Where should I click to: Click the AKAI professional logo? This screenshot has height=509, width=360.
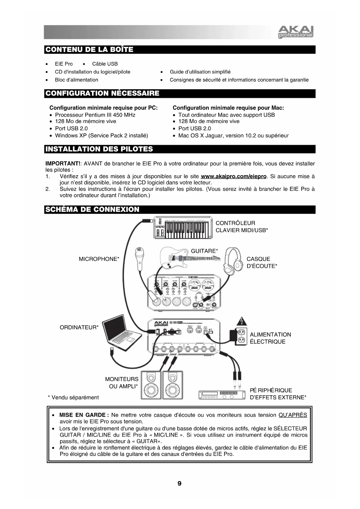[296, 32]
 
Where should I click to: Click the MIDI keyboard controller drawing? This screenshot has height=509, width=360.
[183, 228]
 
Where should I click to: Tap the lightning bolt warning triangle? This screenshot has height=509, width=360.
[242, 321]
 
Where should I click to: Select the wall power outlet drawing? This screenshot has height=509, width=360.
[241, 336]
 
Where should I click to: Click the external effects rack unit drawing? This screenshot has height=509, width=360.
[221, 395]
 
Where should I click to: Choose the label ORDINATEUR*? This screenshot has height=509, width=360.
[79, 328]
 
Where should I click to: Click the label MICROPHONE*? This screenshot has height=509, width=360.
[99, 259]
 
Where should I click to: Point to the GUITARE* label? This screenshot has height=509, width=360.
[204, 251]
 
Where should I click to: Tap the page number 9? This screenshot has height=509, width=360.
[180, 483]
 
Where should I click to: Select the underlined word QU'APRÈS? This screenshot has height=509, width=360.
[292, 415]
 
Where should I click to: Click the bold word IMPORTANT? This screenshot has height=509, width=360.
[63, 164]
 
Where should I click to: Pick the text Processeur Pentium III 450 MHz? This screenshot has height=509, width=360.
[95, 115]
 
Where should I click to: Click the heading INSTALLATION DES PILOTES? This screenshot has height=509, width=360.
[99, 149]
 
